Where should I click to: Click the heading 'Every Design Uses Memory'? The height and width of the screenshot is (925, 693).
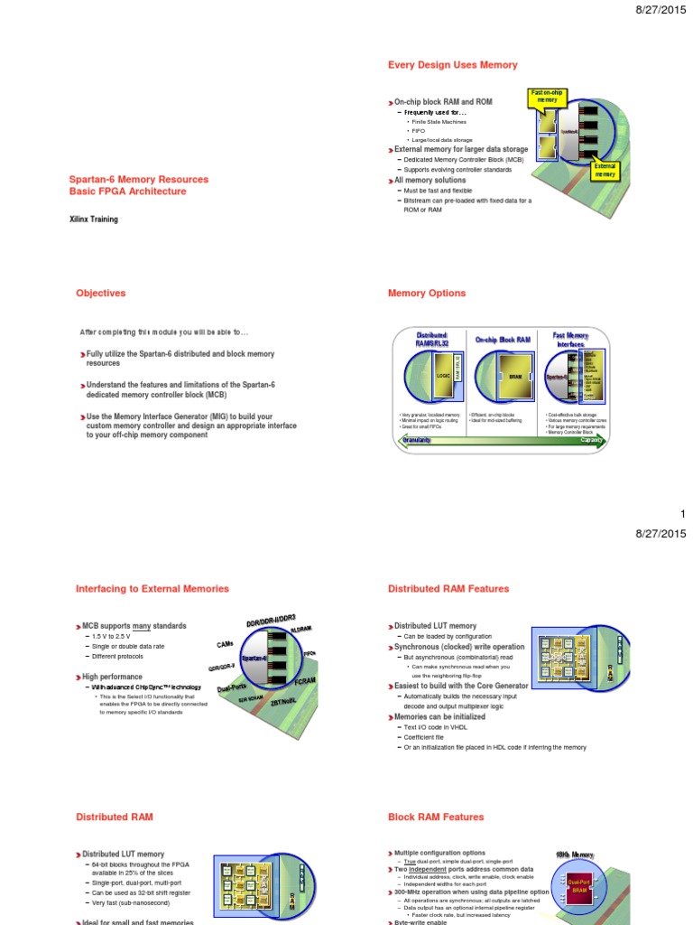452,65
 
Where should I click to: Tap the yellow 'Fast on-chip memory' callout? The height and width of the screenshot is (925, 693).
548,97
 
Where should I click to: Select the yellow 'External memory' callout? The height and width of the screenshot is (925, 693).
605,171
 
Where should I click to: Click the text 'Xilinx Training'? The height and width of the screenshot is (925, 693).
94,220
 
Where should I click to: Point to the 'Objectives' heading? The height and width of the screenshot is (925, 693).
100,294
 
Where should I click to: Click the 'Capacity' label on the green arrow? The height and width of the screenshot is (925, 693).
591,440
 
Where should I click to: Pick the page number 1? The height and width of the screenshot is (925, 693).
683,514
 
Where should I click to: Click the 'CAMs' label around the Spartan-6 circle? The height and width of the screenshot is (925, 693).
226,644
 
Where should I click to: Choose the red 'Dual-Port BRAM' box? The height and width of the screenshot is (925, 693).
578,887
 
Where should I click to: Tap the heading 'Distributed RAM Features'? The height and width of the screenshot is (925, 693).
448,589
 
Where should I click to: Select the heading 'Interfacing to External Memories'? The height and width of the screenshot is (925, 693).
152,589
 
